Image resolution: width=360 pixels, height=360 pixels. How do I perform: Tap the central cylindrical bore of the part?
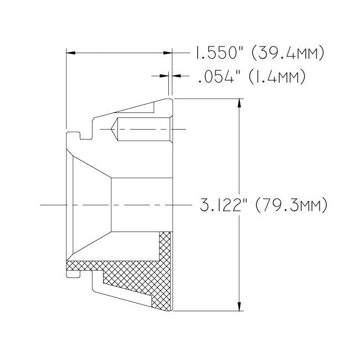141,205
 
